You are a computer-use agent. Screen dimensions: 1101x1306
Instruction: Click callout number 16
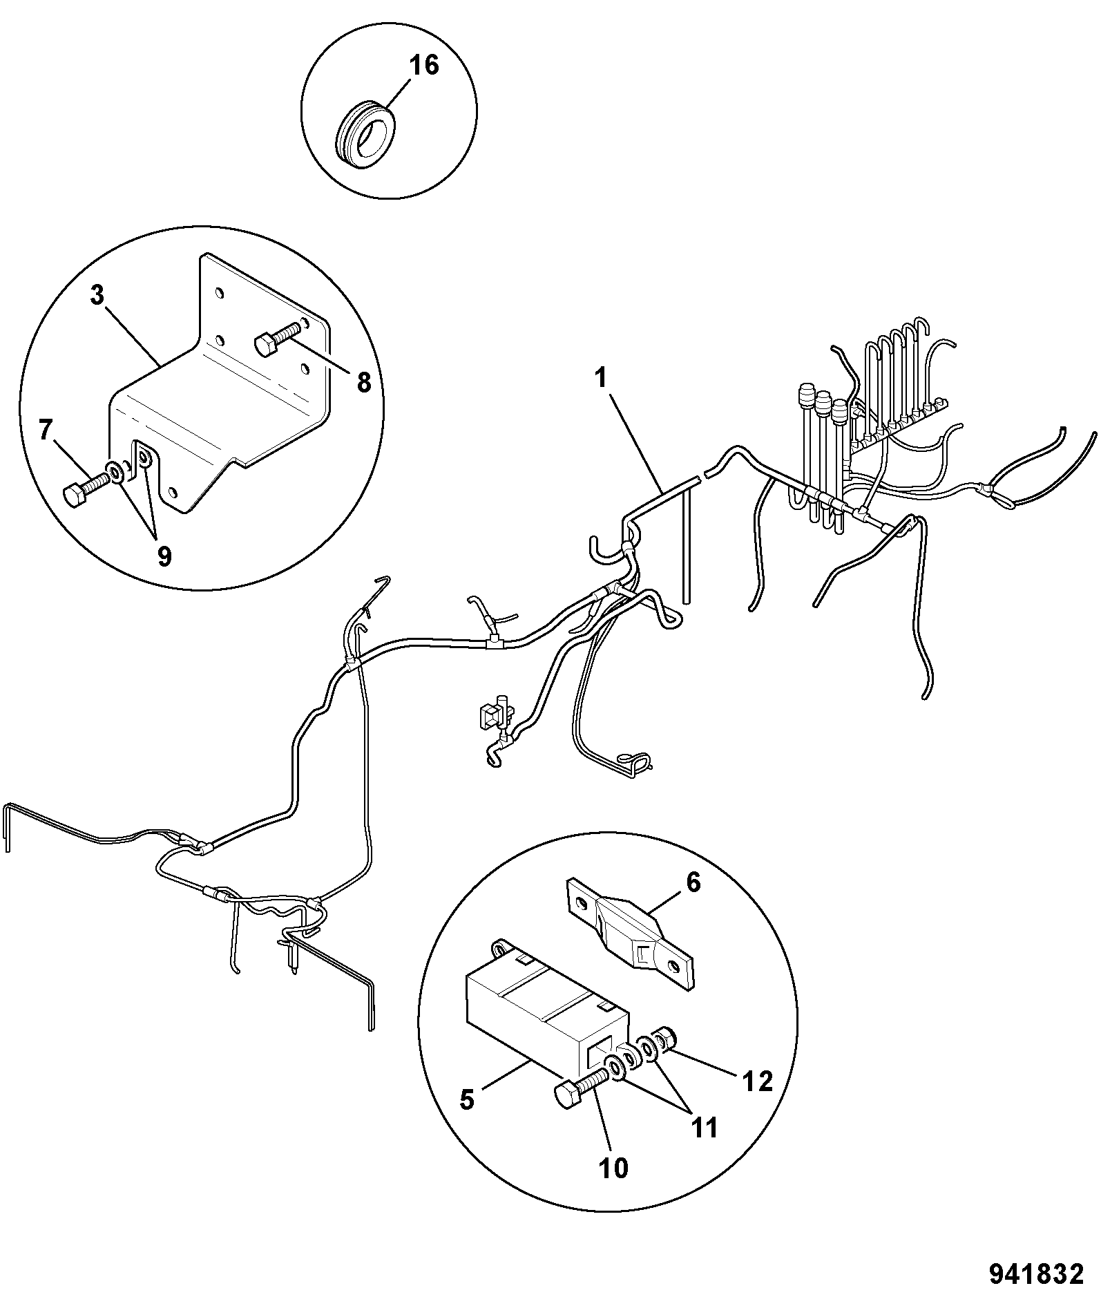coord(423,66)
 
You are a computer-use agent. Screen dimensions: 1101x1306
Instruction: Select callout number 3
coord(97,296)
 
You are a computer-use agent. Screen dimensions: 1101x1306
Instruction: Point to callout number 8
coord(363,381)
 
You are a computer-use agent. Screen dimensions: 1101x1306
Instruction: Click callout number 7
coord(46,431)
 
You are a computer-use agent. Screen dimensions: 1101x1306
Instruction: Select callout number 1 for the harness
coord(601,379)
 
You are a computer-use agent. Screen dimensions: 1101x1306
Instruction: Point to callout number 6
coord(693,883)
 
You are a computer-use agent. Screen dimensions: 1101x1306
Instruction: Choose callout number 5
coord(468,1099)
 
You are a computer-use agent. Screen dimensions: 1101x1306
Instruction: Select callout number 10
coord(613,1168)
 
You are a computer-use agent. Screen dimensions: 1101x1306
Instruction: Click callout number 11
coord(704,1128)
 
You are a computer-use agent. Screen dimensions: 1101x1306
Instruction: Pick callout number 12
coord(758,1081)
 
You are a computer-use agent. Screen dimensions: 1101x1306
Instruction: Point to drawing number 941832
coord(1036,1274)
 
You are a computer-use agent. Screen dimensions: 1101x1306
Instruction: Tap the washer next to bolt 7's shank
coord(115,473)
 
